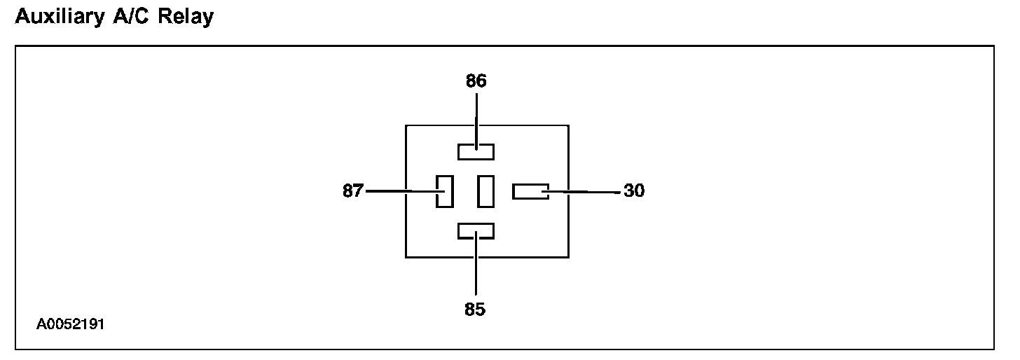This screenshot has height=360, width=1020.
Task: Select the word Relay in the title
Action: (185, 17)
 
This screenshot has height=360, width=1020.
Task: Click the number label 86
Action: (476, 81)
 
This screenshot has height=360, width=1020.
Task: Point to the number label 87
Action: (353, 191)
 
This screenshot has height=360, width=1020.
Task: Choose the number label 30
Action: (633, 191)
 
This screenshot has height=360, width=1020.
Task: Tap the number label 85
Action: (475, 309)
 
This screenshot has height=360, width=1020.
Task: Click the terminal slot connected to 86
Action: (476, 151)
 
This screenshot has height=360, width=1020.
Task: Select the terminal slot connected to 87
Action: (444, 191)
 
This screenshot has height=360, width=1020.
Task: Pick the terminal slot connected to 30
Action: (530, 191)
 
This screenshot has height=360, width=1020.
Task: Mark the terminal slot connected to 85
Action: (476, 231)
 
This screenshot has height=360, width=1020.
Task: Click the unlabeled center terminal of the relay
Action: (485, 191)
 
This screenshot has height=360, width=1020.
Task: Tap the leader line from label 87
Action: (396, 191)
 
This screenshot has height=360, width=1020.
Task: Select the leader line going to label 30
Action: (588, 191)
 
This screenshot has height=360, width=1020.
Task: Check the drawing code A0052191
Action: (71, 325)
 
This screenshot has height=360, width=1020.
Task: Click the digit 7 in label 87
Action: (358, 191)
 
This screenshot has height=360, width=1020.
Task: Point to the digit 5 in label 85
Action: (480, 309)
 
